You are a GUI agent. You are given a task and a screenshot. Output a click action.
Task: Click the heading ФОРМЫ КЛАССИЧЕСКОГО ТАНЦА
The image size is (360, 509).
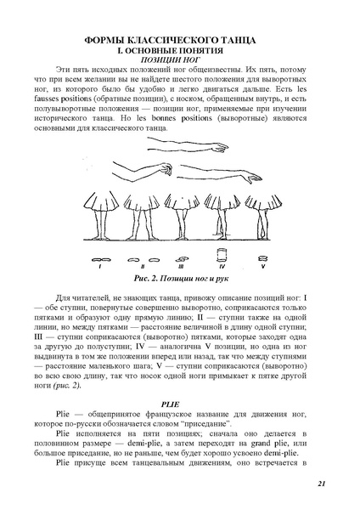(x=180, y=41)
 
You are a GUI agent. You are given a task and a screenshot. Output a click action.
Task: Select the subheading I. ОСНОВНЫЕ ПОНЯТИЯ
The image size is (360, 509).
(x=180, y=51)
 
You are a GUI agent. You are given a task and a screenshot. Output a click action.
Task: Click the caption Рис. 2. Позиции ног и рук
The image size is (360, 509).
(x=178, y=278)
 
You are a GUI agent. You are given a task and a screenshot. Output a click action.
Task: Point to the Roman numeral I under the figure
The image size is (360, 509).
(x=100, y=266)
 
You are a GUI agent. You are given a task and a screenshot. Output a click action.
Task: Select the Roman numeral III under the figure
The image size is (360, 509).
(x=180, y=266)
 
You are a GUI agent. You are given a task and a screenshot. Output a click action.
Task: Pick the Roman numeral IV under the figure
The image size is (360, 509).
(x=221, y=266)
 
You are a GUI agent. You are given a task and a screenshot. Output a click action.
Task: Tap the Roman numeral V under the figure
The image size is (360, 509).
(x=260, y=266)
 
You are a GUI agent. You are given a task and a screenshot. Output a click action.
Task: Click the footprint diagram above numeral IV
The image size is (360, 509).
(x=221, y=255)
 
